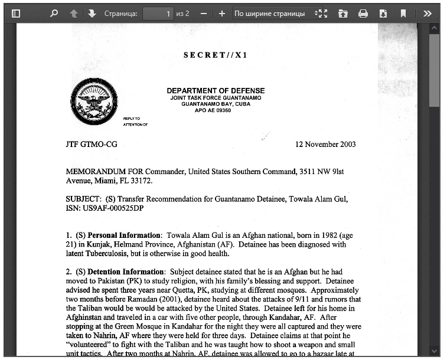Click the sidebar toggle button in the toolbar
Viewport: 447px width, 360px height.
click(x=16, y=13)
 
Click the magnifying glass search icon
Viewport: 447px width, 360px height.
click(x=54, y=13)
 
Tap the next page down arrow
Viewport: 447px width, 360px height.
click(x=92, y=13)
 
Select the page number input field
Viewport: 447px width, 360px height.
click(x=158, y=13)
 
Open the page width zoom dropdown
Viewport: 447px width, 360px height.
click(x=275, y=13)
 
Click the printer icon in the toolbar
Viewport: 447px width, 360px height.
click(x=363, y=13)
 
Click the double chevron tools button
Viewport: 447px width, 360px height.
click(x=428, y=13)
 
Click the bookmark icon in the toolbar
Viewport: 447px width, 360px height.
click(x=403, y=13)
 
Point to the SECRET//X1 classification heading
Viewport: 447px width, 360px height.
click(x=216, y=55)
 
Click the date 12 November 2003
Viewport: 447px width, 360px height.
click(x=325, y=144)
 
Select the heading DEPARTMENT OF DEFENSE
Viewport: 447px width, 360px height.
click(x=216, y=91)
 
